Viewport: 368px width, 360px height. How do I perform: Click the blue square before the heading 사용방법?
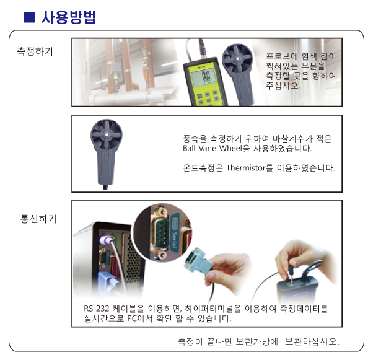click(x=30, y=17)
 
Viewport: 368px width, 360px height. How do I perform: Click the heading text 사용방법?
click(x=69, y=17)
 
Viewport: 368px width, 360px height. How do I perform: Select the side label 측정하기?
click(x=35, y=51)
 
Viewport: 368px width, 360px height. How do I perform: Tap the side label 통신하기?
click(x=38, y=219)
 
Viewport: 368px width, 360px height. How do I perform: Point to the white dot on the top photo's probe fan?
click(x=237, y=59)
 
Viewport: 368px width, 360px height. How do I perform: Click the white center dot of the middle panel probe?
click(x=107, y=134)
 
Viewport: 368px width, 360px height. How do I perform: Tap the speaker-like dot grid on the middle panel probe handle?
click(x=107, y=156)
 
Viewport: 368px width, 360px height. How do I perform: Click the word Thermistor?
click(x=245, y=168)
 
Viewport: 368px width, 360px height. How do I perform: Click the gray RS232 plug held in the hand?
click(x=196, y=260)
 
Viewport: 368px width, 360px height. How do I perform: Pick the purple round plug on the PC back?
click(x=107, y=240)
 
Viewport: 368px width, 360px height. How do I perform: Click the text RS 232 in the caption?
click(x=96, y=309)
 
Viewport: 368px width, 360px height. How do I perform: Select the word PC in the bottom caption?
click(x=133, y=318)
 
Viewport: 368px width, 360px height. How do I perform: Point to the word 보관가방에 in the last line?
click(x=256, y=341)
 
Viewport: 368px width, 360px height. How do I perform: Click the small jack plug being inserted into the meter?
click(x=291, y=274)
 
